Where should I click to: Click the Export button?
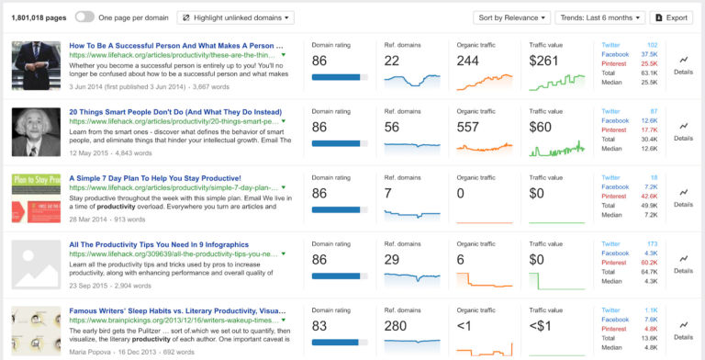(670, 17)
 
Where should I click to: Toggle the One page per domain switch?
(84, 17)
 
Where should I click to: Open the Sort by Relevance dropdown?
(511, 17)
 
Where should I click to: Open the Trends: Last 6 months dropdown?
(599, 17)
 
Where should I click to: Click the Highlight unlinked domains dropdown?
(236, 17)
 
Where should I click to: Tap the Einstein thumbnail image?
(36, 130)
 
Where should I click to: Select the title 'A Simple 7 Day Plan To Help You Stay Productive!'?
(155, 177)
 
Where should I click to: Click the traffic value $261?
(544, 61)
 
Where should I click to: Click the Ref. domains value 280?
(397, 326)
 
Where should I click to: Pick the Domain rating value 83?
(319, 326)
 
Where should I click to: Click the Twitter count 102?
(652, 44)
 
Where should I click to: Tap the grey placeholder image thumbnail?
(36, 263)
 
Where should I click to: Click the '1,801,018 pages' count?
(38, 17)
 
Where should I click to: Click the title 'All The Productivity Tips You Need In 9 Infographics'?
(172, 243)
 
